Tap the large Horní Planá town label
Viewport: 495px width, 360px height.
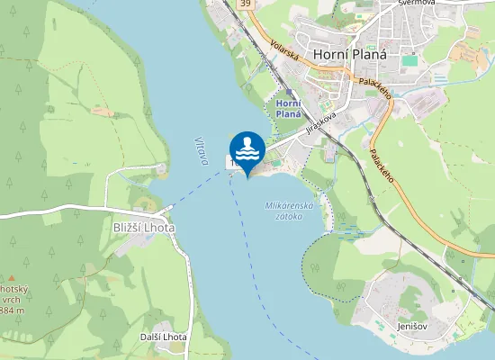click(x=350, y=54)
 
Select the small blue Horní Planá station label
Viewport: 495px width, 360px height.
click(x=288, y=109)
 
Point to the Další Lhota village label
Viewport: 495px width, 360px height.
click(x=163, y=337)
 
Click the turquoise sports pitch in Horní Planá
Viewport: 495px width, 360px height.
click(x=409, y=60)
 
